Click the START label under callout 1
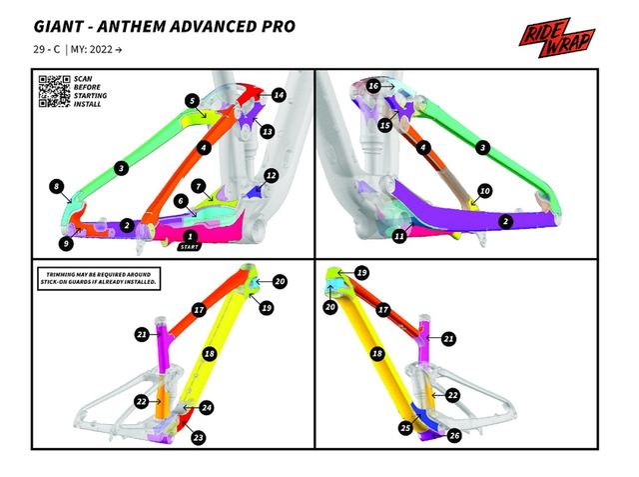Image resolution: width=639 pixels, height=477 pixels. click(189, 245)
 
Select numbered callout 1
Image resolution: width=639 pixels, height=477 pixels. click(190, 235)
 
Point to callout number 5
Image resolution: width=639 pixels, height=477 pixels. click(190, 100)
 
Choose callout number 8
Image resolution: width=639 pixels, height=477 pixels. click(57, 186)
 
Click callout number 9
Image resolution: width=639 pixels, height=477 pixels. click(66, 242)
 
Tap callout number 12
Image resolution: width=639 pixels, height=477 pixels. click(271, 175)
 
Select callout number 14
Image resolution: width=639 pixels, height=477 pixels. click(279, 95)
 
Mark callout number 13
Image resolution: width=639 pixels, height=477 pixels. click(267, 131)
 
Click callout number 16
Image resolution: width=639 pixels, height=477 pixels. click(372, 87)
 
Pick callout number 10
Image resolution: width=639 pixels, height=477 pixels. click(484, 190)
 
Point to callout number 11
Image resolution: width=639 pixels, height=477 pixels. click(398, 236)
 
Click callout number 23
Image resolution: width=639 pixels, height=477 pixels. click(198, 437)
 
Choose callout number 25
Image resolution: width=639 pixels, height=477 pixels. click(404, 428)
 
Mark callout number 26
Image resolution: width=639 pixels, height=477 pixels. click(454, 436)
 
